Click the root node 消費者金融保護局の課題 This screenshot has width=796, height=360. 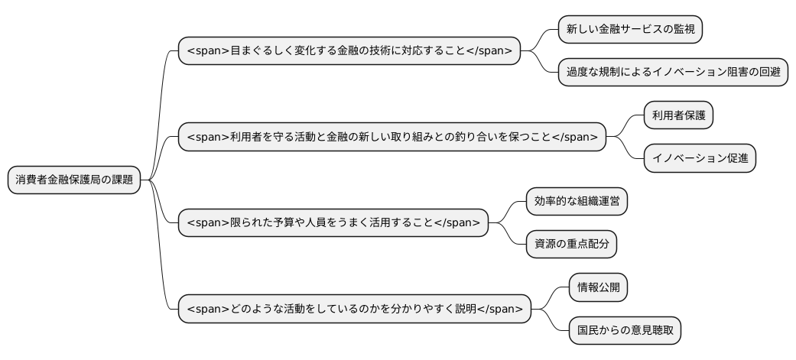[74, 180]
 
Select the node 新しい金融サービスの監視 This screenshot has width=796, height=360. [630, 30]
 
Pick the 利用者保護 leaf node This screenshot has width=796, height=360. [679, 115]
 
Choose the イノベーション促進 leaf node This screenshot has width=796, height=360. [700, 158]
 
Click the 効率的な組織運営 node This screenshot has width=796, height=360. [577, 201]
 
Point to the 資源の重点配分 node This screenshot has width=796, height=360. [571, 244]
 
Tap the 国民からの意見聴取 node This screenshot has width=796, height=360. [625, 330]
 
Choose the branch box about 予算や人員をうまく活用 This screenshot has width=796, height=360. [333, 223]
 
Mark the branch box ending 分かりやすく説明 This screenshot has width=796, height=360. [354, 309]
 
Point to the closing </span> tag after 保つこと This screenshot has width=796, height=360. [574, 138]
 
